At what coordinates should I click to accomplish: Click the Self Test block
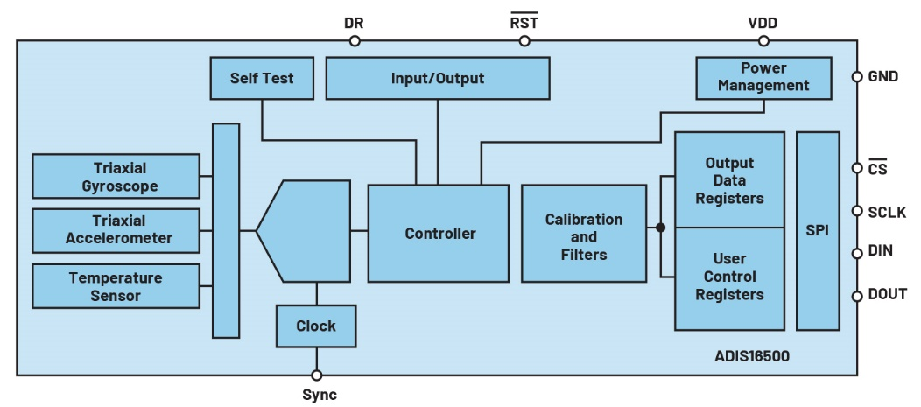click(x=262, y=78)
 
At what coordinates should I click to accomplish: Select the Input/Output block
click(x=437, y=78)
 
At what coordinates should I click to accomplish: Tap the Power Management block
click(x=763, y=77)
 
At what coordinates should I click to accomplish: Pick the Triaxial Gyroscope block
click(x=115, y=176)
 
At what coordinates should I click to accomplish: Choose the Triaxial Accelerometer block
click(x=115, y=229)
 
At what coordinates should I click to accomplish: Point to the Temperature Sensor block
click(x=115, y=286)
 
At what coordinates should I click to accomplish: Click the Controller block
click(x=438, y=233)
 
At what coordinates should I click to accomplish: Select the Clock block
click(x=316, y=326)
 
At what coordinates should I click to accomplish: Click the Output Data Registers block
click(x=729, y=180)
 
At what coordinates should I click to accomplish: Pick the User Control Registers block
click(x=729, y=277)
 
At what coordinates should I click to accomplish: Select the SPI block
click(x=817, y=231)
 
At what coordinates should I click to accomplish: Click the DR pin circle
click(x=354, y=40)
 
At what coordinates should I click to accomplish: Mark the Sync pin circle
click(x=317, y=375)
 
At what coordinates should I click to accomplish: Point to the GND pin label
click(x=882, y=76)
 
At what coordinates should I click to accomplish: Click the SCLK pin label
click(x=886, y=212)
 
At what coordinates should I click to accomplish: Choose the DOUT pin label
click(x=886, y=294)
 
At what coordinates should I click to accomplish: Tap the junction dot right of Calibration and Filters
click(x=660, y=228)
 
